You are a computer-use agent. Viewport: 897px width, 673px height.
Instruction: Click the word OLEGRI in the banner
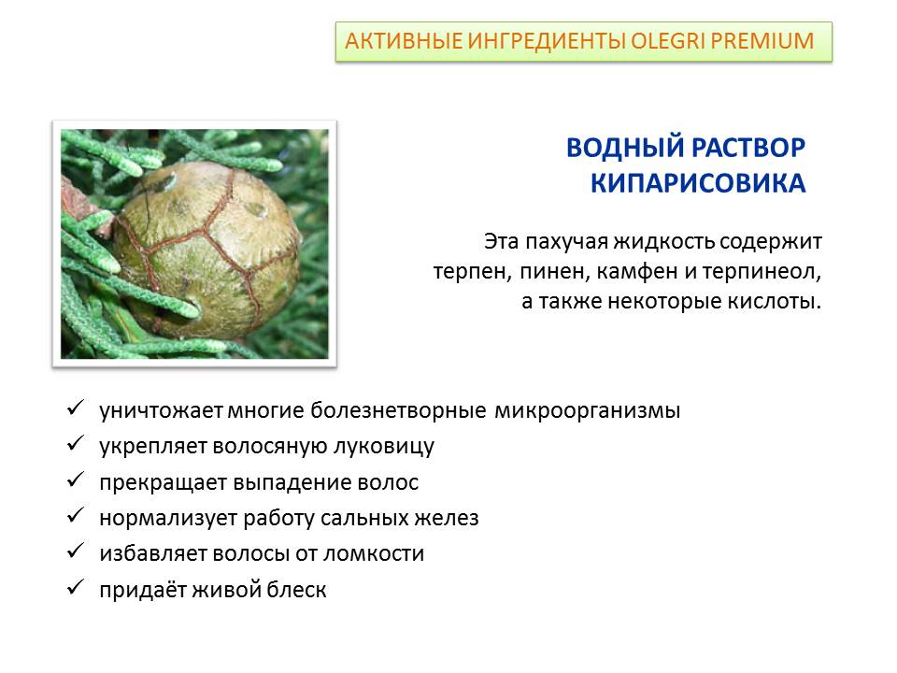[667, 41]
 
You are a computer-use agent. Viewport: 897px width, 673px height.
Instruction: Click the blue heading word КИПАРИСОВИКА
[698, 183]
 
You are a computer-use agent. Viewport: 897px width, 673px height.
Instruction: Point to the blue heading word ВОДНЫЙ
[624, 148]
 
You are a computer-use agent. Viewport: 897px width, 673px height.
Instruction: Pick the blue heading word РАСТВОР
[748, 148]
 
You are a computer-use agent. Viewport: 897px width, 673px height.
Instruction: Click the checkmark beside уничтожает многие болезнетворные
[76, 408]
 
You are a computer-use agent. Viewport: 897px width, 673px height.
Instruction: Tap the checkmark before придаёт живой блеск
[76, 587]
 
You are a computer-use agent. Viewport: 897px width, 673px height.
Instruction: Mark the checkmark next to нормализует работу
[76, 516]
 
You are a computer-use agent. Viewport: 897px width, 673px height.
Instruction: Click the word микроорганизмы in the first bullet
[588, 411]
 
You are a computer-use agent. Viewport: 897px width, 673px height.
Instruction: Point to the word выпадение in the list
[292, 483]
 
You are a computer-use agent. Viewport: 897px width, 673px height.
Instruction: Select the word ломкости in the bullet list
[374, 554]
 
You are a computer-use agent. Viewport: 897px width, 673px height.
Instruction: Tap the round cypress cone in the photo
[207, 250]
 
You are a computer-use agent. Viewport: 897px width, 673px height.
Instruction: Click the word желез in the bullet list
[447, 519]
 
